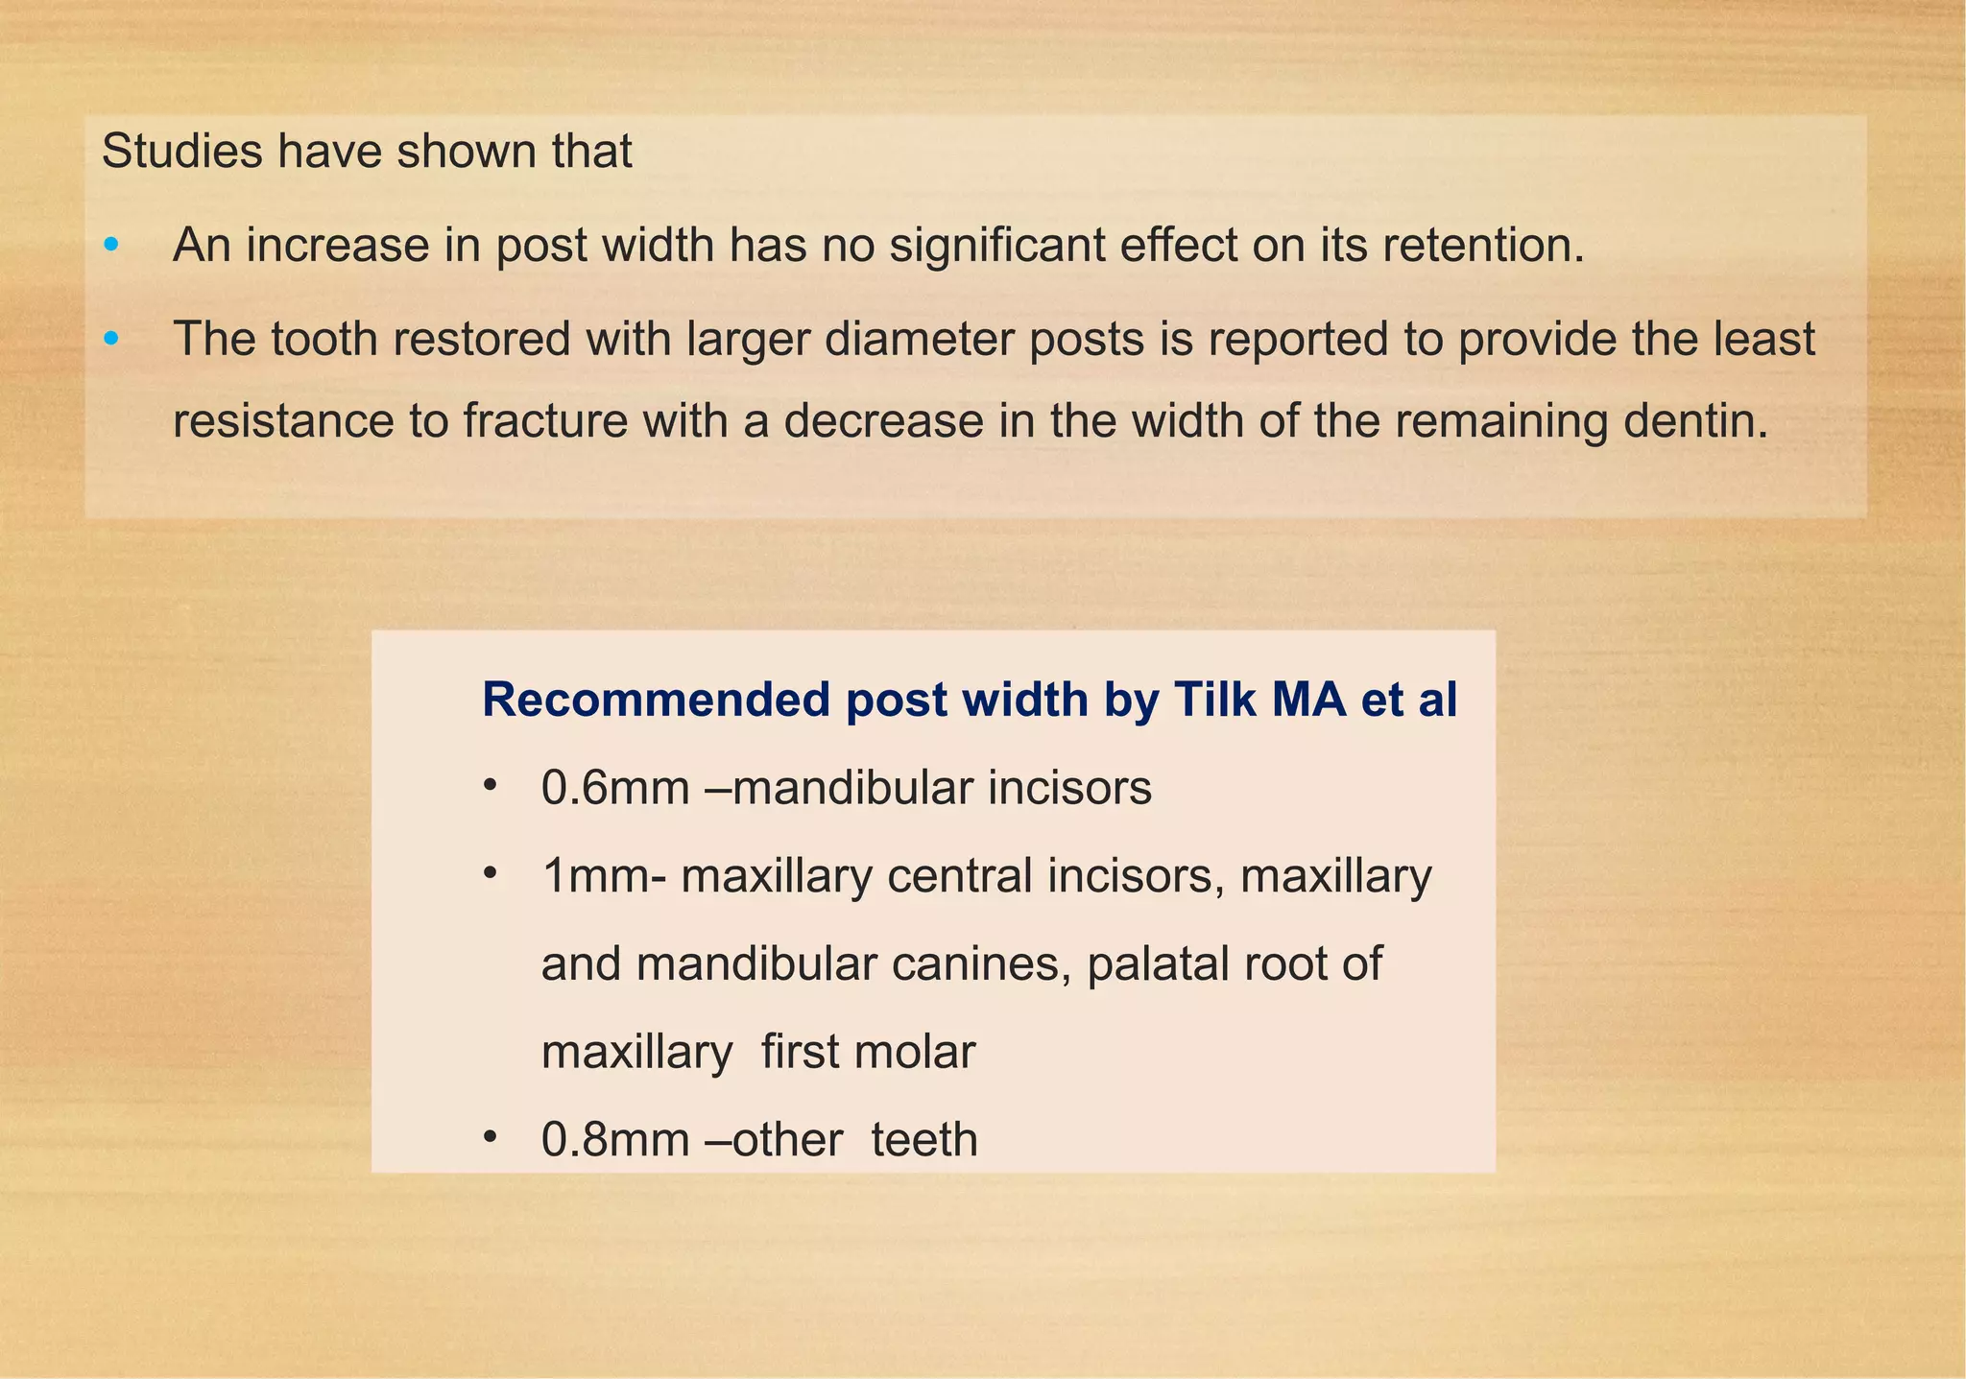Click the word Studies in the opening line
tap(181, 151)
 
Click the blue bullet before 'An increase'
tap(111, 246)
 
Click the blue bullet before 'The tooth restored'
tap(111, 339)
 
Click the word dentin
tap(1693, 421)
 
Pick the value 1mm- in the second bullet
tap(603, 876)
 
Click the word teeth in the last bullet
tap(923, 1140)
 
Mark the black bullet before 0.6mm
tap(491, 786)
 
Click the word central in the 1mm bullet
tap(959, 876)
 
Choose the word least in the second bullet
tap(1766, 339)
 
